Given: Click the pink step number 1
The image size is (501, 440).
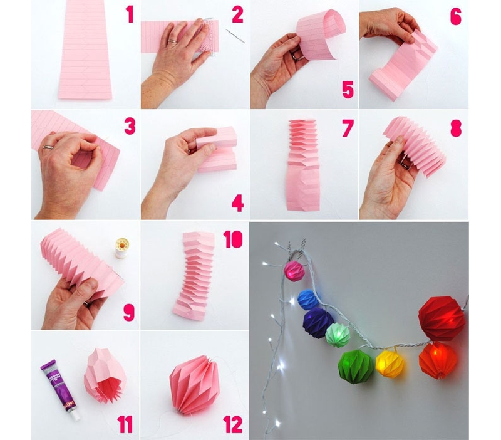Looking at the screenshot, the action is pyautogui.click(x=130, y=14).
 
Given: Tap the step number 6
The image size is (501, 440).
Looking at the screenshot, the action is pyautogui.click(x=456, y=16).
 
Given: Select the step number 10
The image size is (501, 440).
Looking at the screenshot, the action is pyautogui.click(x=232, y=239).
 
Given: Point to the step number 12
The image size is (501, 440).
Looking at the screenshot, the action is pyautogui.click(x=233, y=425).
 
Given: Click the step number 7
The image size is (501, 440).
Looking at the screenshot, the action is pyautogui.click(x=348, y=128).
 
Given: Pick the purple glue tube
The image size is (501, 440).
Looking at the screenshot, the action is pyautogui.click(x=59, y=389).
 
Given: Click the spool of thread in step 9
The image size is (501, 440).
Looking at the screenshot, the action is pyautogui.click(x=121, y=248).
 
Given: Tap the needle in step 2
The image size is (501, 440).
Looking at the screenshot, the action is pyautogui.click(x=235, y=36).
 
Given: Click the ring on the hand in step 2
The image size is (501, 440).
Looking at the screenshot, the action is pyautogui.click(x=173, y=41).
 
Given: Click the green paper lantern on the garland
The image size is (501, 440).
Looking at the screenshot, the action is pyautogui.click(x=356, y=367).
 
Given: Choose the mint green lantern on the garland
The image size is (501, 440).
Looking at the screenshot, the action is pyautogui.click(x=338, y=335).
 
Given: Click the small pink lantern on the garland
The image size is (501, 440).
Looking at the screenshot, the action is pyautogui.click(x=294, y=271).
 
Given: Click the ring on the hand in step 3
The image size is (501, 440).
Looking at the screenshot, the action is pyautogui.click(x=49, y=147).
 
